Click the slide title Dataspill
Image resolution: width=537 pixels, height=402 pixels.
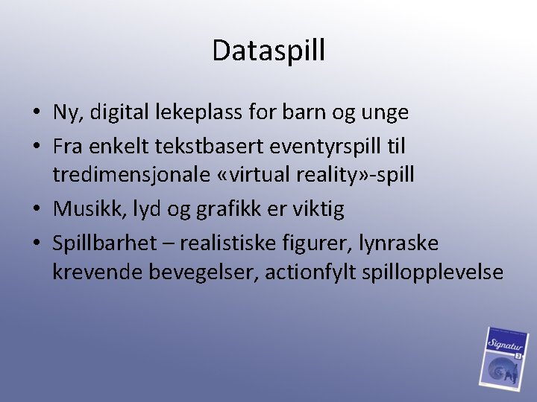pos(268,51)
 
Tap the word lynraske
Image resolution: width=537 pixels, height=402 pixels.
pos(398,242)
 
